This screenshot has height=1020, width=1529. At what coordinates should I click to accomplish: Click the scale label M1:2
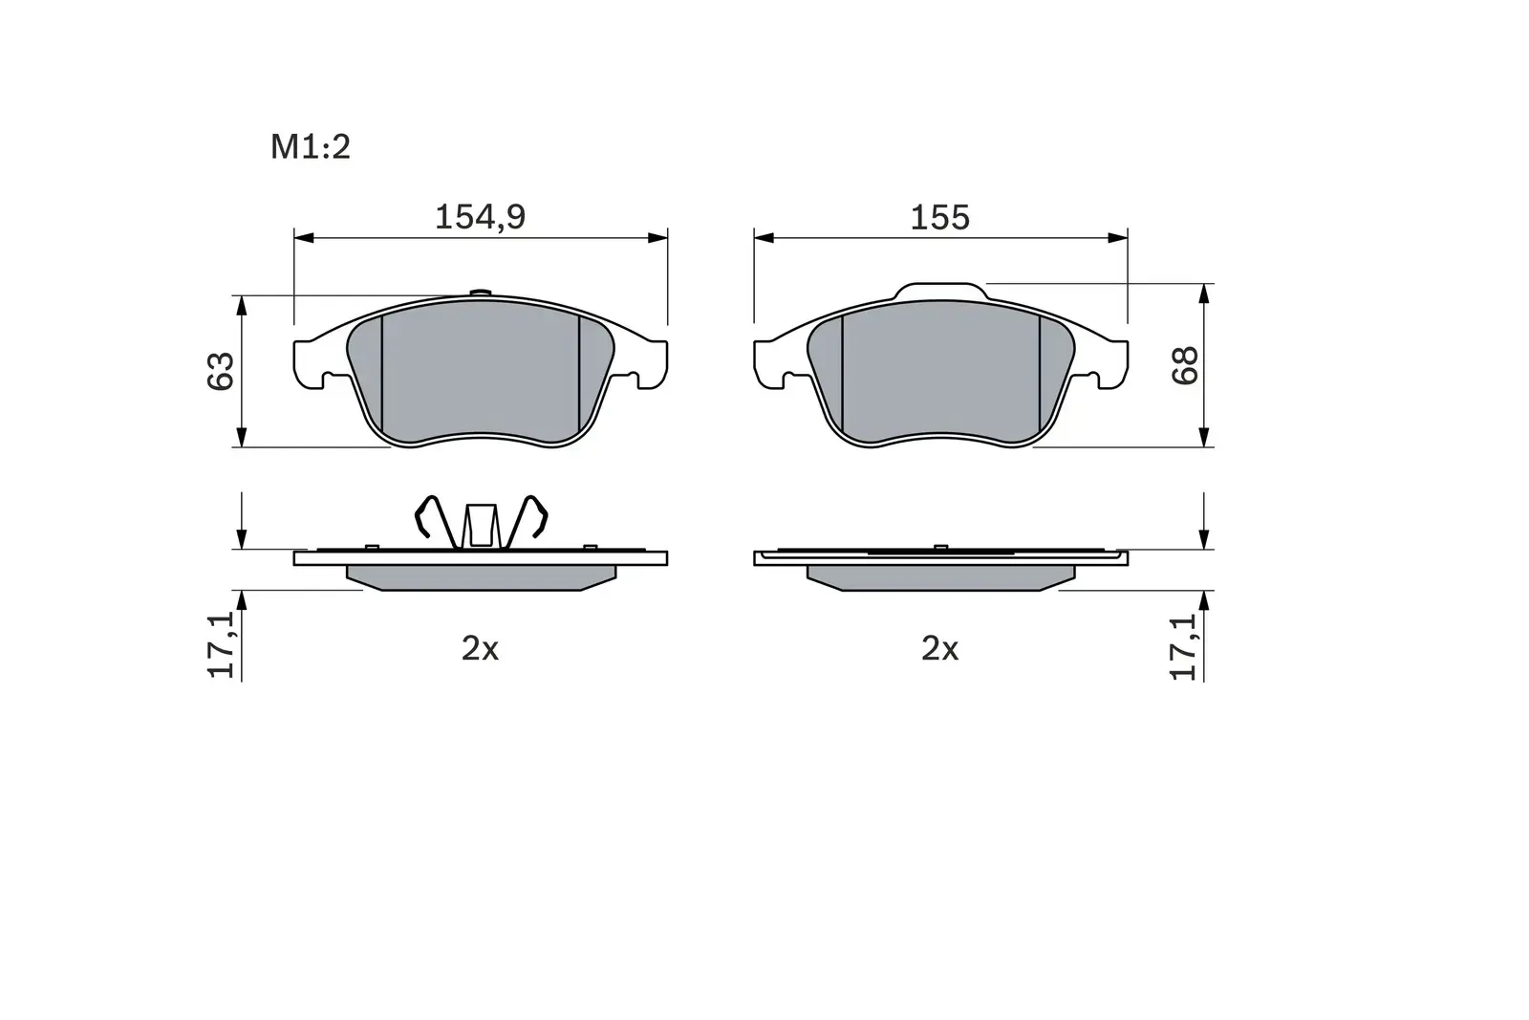coord(311,147)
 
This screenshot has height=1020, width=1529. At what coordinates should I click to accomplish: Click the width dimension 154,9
coord(480,217)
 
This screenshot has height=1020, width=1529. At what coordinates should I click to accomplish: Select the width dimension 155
coord(939,217)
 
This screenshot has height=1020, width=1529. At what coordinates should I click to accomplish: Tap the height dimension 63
coord(221,371)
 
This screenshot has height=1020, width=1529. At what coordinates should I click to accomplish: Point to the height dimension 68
coord(1185,365)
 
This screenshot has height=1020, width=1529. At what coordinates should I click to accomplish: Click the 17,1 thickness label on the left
coord(221,647)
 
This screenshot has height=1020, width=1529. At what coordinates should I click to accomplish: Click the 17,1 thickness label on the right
coord(1185,647)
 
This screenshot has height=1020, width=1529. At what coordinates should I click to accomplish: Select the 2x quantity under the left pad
coord(480,649)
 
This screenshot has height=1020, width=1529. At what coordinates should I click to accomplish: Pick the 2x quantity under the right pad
coord(939,649)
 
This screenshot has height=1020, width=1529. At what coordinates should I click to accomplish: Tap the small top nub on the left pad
coord(481,293)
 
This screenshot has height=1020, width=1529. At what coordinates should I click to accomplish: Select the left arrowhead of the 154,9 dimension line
coord(302,237)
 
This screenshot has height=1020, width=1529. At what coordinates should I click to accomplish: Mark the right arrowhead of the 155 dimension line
coord(1119,237)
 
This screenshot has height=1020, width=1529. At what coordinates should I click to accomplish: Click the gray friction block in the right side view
coord(940,577)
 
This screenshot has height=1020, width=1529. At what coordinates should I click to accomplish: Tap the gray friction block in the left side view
coord(481,577)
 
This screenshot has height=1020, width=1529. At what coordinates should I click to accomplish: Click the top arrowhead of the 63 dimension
coord(242,304)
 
